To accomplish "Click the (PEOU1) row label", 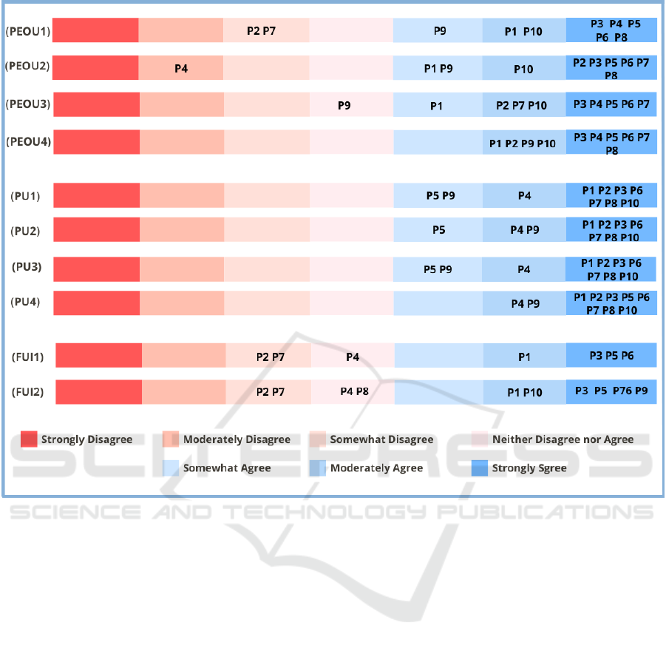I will pyautogui.click(x=28, y=31).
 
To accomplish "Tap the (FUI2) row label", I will pyautogui.click(x=27, y=392).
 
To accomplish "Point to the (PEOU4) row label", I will pyautogui.click(x=28, y=141).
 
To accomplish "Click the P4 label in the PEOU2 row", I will pyautogui.click(x=181, y=68).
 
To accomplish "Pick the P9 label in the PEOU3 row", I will pyautogui.click(x=344, y=105).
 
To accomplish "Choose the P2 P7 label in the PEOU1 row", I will pyautogui.click(x=260, y=31).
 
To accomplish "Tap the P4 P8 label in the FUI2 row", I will pyautogui.click(x=354, y=391).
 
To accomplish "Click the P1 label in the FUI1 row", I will pyautogui.click(x=524, y=357).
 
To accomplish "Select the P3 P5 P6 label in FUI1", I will pyautogui.click(x=611, y=356).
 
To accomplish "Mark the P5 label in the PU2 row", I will pyautogui.click(x=438, y=230).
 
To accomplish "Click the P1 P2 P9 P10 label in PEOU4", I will pyautogui.click(x=523, y=144).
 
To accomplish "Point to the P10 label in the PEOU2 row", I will pyautogui.click(x=523, y=69).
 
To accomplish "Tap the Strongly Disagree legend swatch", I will pyautogui.click(x=29, y=439).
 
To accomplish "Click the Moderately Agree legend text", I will pyautogui.click(x=376, y=468).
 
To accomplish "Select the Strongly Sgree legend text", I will pyautogui.click(x=529, y=468).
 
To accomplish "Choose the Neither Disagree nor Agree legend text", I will pyautogui.click(x=563, y=439).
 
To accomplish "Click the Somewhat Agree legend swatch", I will pyautogui.click(x=171, y=468).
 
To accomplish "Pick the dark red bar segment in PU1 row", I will pyautogui.click(x=96, y=196).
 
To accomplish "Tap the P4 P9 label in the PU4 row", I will pyautogui.click(x=525, y=303).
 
